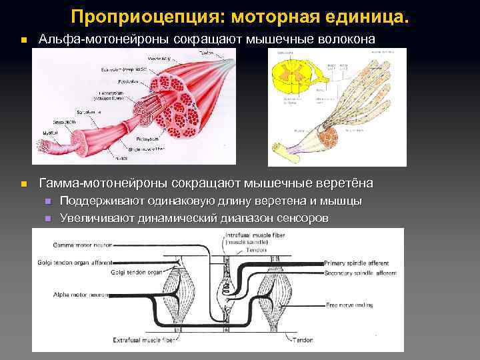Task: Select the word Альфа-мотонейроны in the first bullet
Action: tap(105, 39)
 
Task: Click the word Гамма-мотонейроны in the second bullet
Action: tap(105, 183)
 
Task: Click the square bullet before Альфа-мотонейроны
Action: tap(23, 41)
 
